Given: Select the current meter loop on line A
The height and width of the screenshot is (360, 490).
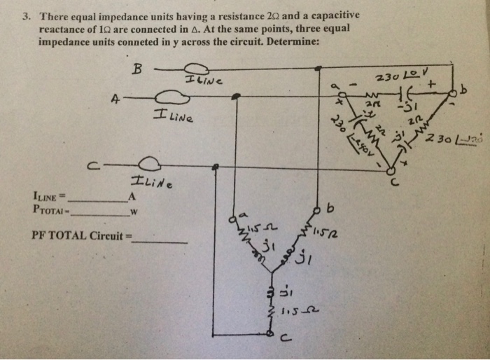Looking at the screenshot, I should pos(164,97).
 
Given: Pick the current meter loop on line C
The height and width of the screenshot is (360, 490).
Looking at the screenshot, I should pos(154,166).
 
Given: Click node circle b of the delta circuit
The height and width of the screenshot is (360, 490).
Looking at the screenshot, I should pos(456,93).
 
